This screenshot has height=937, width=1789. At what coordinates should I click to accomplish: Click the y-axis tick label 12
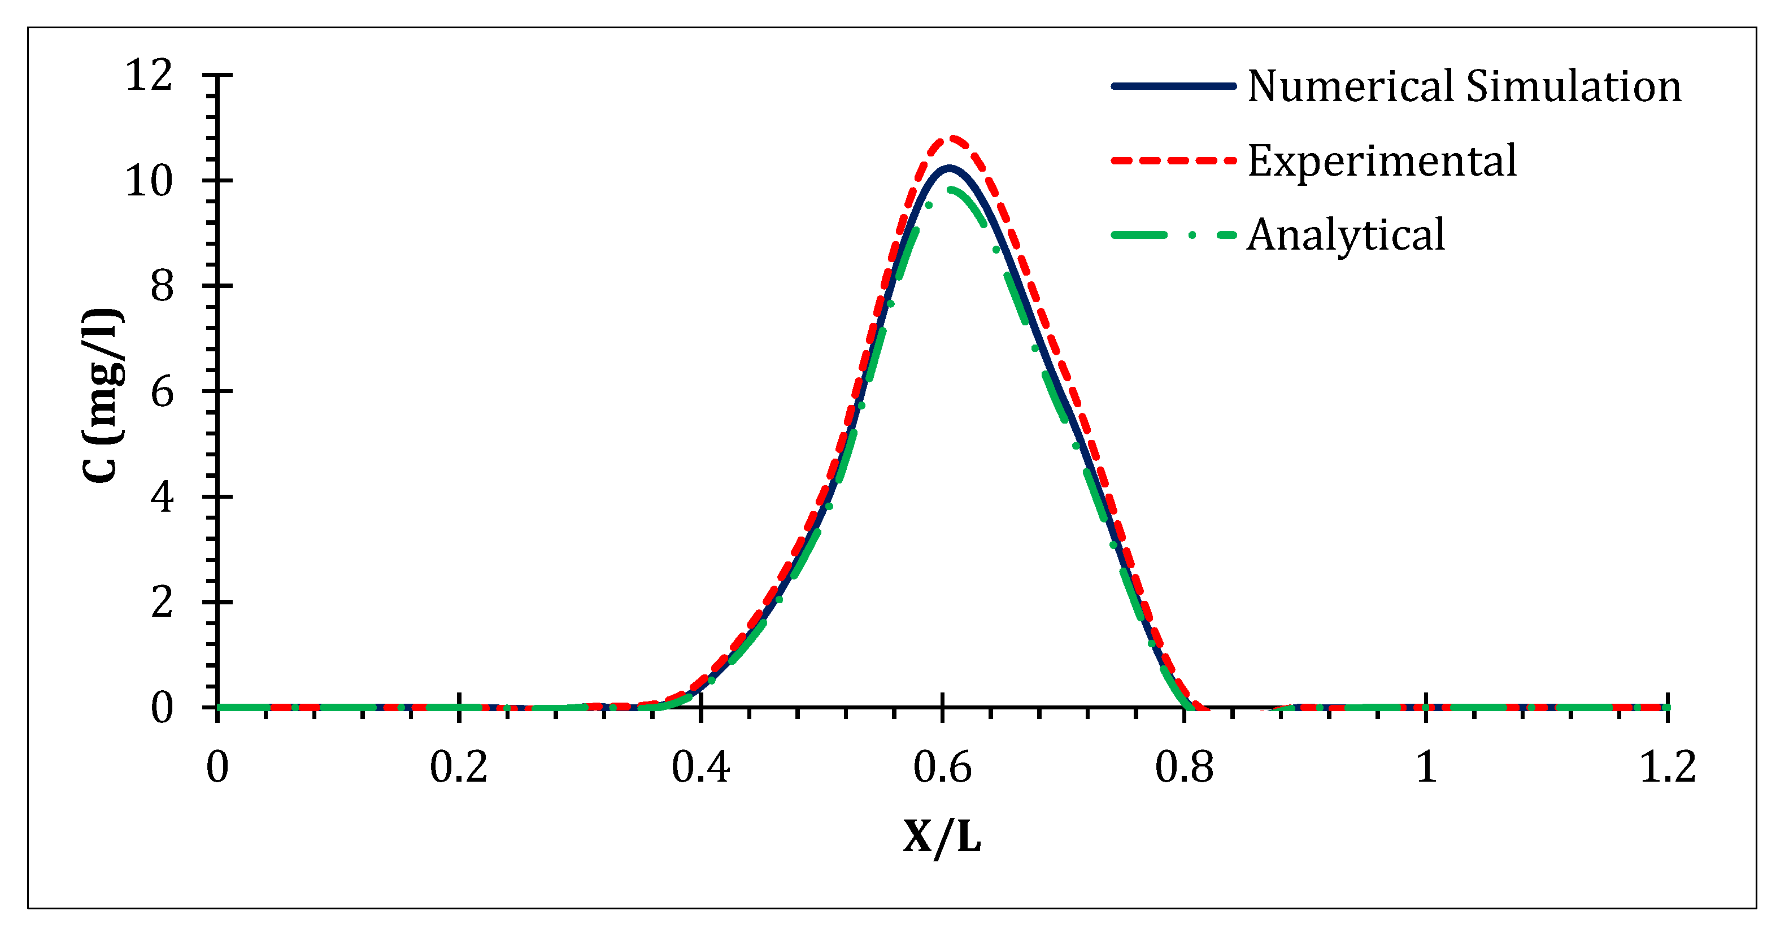tap(149, 75)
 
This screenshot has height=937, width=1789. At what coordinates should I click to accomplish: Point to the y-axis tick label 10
tap(149, 181)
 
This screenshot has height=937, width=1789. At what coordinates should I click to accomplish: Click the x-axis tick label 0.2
tap(458, 768)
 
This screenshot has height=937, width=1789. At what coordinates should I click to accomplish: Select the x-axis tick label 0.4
tap(700, 768)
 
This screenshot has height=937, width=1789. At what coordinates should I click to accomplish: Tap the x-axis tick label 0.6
tap(942, 768)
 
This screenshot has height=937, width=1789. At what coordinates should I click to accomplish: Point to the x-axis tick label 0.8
tap(1184, 768)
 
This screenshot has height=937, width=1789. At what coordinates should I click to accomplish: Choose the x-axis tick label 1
tap(1426, 768)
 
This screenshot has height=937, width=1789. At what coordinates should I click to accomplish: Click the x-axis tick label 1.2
tap(1668, 768)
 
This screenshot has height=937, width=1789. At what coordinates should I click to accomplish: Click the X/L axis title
tap(942, 837)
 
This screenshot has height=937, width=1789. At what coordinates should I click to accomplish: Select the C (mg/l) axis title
tap(103, 395)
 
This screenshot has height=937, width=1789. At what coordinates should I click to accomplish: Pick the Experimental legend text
tap(1382, 161)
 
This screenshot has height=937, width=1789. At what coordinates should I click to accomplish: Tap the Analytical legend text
tap(1346, 235)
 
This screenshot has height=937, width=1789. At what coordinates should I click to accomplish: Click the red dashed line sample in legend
tap(1174, 161)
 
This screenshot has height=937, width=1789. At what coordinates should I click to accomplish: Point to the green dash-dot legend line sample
tap(1174, 236)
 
